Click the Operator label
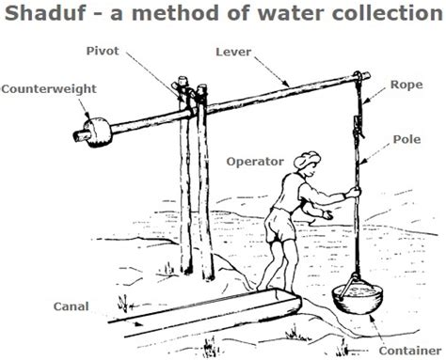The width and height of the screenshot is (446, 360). point(256,162)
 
